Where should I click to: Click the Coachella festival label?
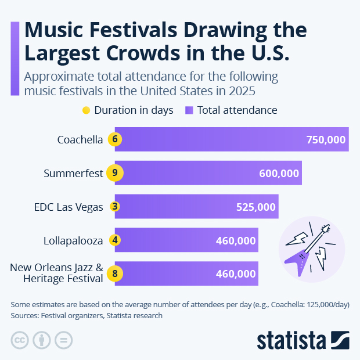pos(80,139)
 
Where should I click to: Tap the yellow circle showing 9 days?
pos(115,173)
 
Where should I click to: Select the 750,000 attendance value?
pos(326,139)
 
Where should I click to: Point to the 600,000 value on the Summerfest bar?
pos(279,173)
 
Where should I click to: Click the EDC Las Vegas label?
pos(69,206)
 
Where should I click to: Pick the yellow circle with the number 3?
pos(115,206)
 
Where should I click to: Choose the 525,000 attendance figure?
pos(256,207)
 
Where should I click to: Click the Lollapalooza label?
pos(73,240)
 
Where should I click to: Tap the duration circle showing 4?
pos(115,240)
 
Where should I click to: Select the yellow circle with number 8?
pos(115,273)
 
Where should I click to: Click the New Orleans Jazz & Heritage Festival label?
pos(57,273)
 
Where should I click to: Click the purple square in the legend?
pos(189,110)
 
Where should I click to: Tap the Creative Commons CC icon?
pos(20,340)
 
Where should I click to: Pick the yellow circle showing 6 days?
pos(115,139)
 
